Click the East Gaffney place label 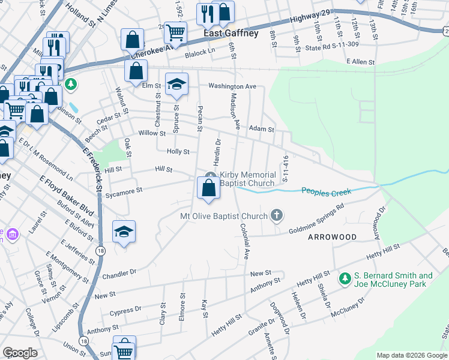coord(231,34)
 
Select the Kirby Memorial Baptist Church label coord(247,179)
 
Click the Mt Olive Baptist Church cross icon coord(277,215)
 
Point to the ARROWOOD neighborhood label coord(332,237)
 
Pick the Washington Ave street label coord(232,86)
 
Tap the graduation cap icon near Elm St coord(177,84)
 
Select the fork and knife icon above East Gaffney coord(206,13)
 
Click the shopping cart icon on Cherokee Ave coord(175,32)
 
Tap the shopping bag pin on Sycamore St coord(208,188)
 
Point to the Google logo coord(20,353)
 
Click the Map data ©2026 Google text coord(412,355)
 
